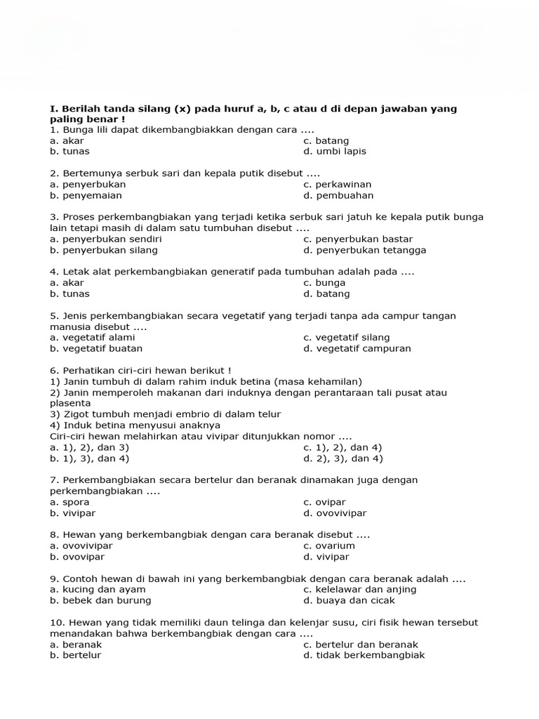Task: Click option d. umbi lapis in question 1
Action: (335, 151)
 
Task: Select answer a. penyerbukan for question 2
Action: (88, 184)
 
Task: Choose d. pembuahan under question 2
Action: (338, 195)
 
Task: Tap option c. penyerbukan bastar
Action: (358, 239)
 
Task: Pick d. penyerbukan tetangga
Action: (364, 250)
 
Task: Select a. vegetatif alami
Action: (93, 337)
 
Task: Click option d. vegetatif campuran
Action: (357, 348)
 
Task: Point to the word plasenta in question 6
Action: (70, 403)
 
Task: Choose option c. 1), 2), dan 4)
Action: (342, 447)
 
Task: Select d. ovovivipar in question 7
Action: (335, 513)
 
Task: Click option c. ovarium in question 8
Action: (329, 546)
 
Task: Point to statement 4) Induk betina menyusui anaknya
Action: (135, 425)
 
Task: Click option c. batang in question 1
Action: (326, 140)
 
